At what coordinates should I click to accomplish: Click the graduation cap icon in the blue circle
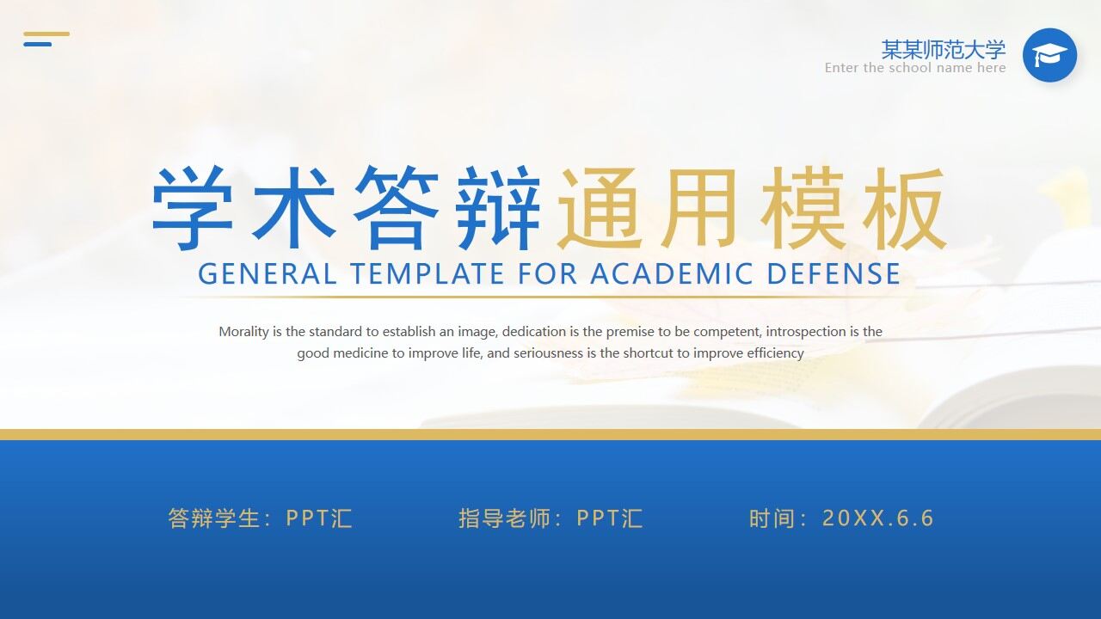click(x=1049, y=56)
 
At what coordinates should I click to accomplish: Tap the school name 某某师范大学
click(x=943, y=49)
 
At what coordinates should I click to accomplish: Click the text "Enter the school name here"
click(x=914, y=68)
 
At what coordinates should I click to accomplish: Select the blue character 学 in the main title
click(x=193, y=208)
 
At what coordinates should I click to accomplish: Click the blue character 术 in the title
click(x=294, y=208)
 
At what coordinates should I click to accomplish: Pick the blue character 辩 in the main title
click(x=499, y=208)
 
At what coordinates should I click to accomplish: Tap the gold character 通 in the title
click(x=600, y=208)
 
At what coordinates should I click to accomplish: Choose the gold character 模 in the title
click(x=803, y=208)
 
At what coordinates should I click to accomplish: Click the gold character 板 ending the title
click(x=905, y=208)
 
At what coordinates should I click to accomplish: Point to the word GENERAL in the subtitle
click(x=267, y=274)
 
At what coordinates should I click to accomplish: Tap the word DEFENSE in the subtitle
click(x=833, y=274)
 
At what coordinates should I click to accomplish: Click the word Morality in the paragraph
click(x=244, y=332)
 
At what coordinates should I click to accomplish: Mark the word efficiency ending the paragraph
click(x=775, y=353)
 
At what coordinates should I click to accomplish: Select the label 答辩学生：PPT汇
click(x=260, y=518)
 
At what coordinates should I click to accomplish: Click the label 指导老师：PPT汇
click(x=550, y=518)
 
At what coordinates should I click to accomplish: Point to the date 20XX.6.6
click(x=877, y=518)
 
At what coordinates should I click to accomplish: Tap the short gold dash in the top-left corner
click(x=46, y=34)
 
